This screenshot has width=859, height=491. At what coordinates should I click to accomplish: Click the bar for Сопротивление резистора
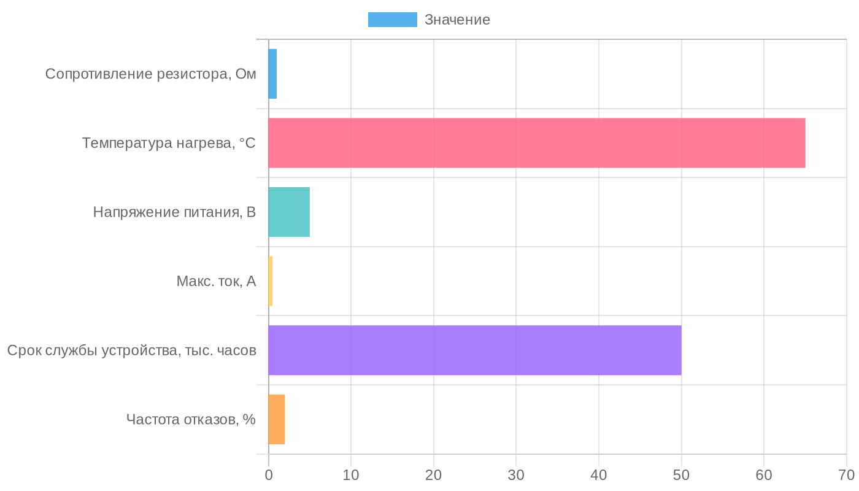(x=272, y=74)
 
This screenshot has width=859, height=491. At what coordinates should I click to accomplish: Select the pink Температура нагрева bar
(x=536, y=143)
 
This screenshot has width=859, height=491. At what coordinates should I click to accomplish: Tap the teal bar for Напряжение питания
(x=289, y=212)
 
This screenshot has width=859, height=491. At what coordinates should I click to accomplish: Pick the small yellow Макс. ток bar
(x=271, y=281)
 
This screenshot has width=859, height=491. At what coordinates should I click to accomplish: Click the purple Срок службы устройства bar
(x=474, y=350)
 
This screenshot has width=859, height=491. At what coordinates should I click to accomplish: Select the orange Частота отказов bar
(x=277, y=419)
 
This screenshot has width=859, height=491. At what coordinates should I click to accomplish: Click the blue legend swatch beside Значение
(x=392, y=20)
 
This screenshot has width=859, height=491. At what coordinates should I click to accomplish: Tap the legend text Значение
(x=457, y=20)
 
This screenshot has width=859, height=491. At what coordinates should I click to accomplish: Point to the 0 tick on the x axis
(x=269, y=475)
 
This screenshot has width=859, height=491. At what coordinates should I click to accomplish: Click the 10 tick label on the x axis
(x=351, y=475)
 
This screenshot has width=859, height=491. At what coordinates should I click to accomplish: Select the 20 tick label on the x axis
(x=434, y=475)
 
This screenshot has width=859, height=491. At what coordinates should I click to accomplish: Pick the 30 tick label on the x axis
(x=516, y=475)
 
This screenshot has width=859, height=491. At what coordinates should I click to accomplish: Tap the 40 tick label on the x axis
(x=599, y=475)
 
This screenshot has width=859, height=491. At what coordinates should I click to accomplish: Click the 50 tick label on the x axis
(x=681, y=475)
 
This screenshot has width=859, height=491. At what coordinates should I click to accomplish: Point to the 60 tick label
(x=764, y=475)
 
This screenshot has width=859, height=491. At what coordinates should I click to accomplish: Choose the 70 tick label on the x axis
(x=846, y=475)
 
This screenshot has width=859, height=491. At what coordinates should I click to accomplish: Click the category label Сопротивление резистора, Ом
(x=151, y=74)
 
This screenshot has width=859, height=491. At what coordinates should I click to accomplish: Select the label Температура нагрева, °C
(x=169, y=143)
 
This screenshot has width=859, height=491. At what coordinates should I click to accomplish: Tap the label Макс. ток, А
(x=216, y=281)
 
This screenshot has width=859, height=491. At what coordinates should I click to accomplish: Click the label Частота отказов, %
(x=191, y=419)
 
